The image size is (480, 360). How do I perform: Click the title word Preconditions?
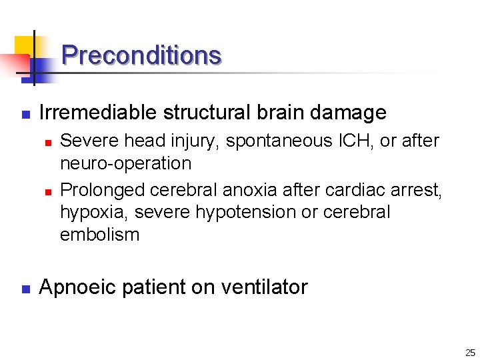[x=141, y=55]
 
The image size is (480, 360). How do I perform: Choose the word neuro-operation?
[x=125, y=163]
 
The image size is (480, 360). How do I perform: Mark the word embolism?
[x=99, y=235]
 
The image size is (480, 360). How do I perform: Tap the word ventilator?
[x=265, y=287]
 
